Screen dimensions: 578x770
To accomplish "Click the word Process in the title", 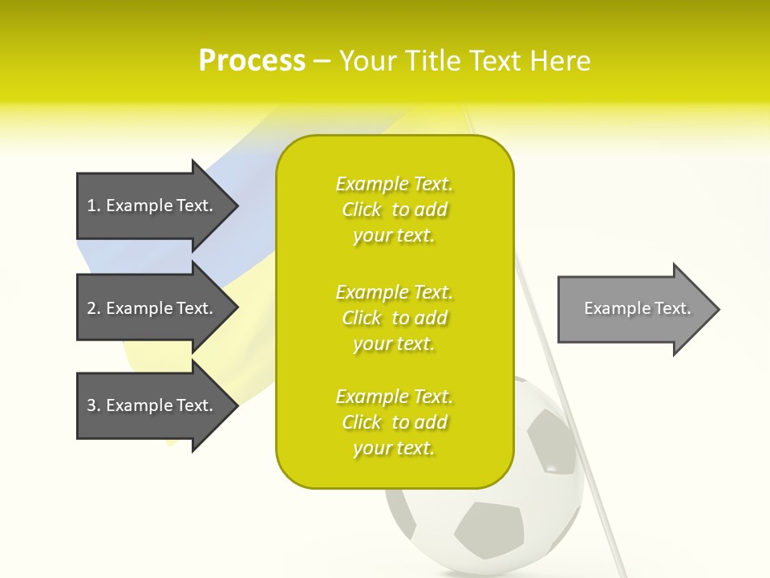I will click(252, 61).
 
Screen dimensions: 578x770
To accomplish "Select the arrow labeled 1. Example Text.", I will click(152, 206).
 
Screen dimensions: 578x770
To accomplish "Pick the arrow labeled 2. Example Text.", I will click(152, 308).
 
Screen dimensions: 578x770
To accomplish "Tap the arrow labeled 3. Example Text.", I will click(152, 405).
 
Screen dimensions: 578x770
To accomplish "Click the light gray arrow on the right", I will click(634, 308).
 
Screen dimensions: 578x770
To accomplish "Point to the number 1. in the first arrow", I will click(94, 206).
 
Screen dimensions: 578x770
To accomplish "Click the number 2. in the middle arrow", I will click(94, 308).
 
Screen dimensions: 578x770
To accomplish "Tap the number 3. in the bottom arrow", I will click(94, 405).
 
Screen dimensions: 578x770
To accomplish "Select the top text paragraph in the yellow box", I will click(394, 210).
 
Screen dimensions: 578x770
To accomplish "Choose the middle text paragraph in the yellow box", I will click(394, 317).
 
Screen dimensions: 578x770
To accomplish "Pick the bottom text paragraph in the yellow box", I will click(394, 422).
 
